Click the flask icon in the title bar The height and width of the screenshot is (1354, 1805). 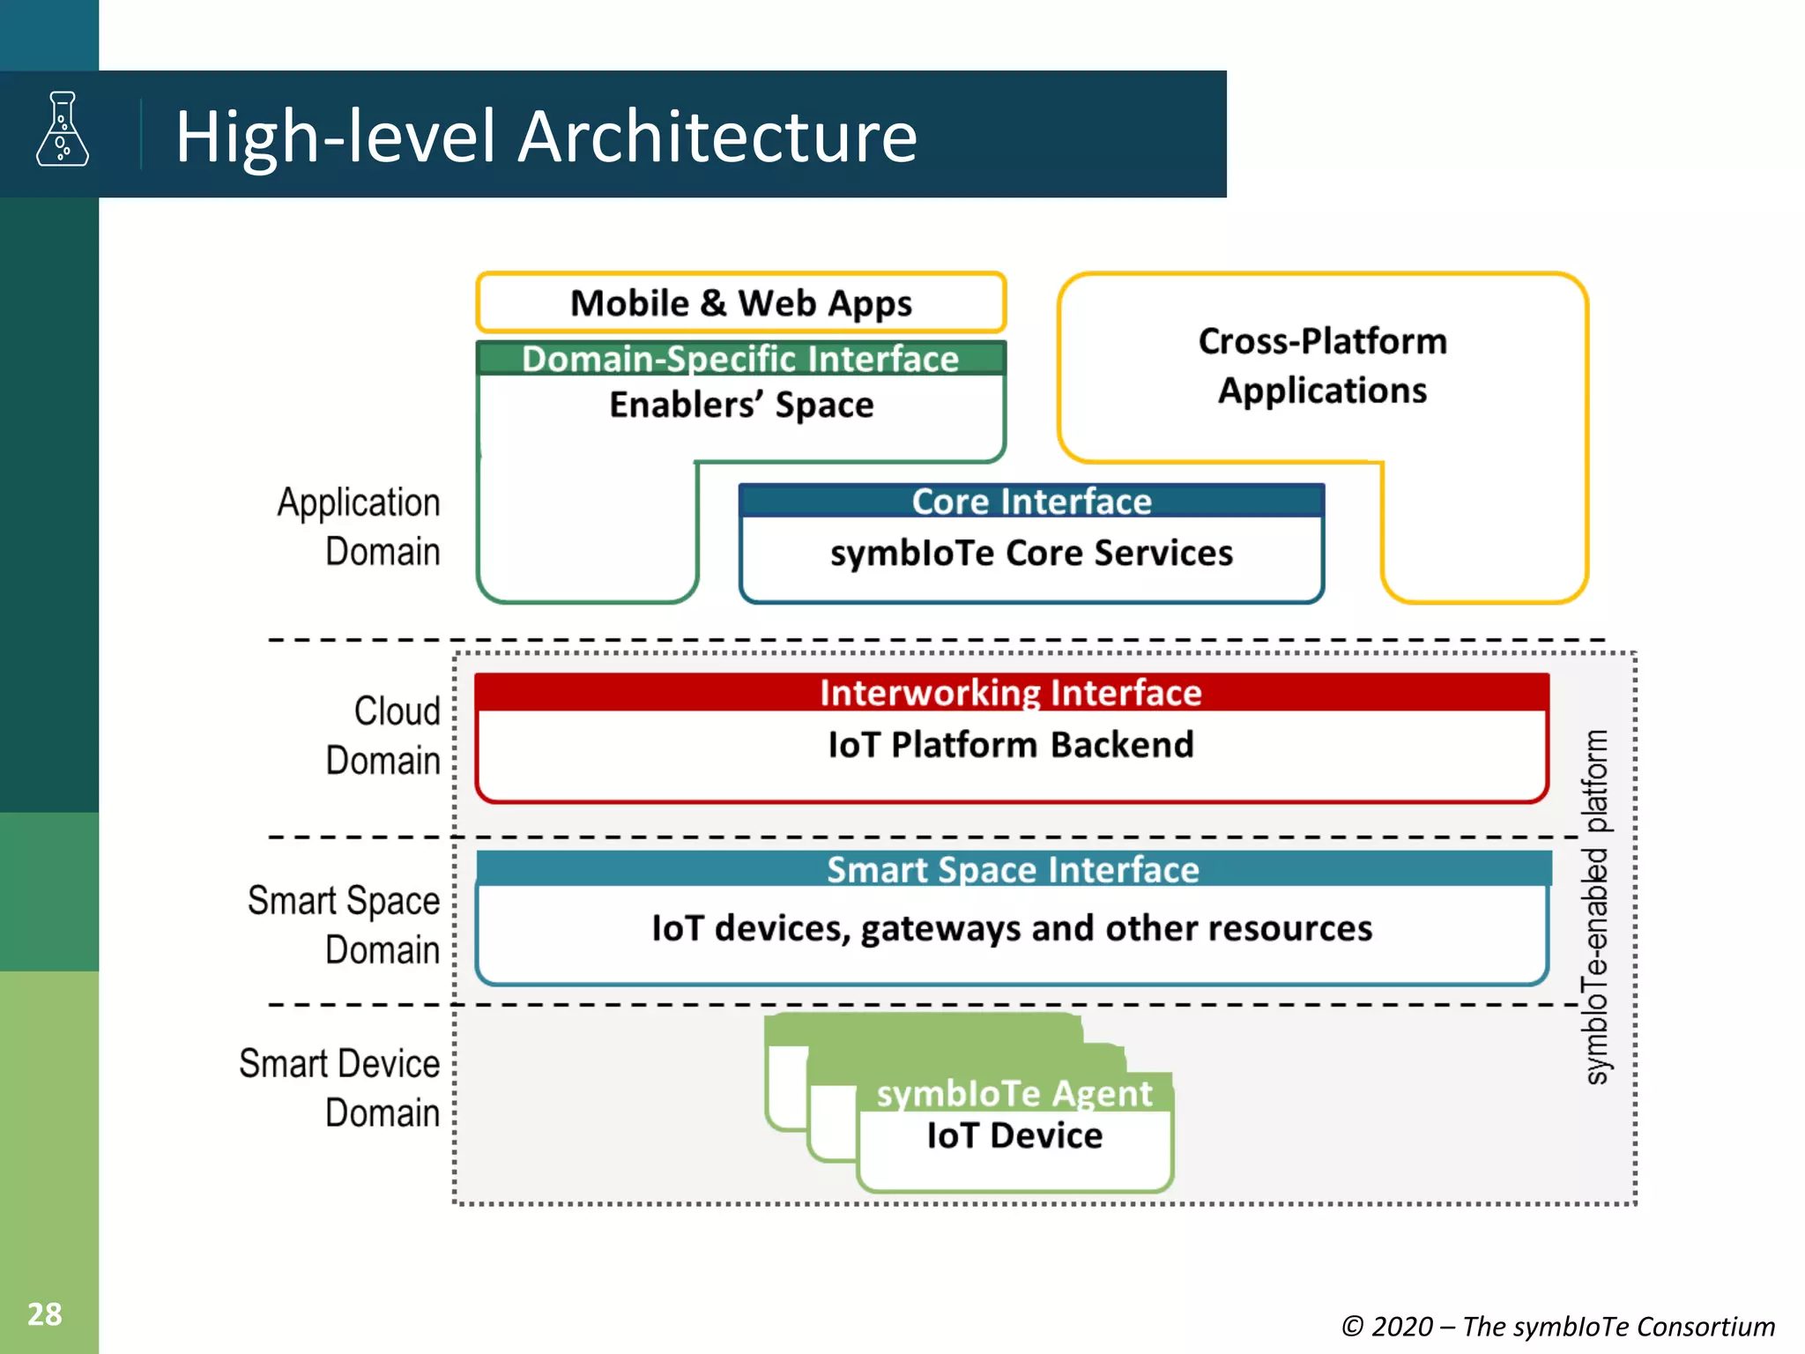tap(63, 130)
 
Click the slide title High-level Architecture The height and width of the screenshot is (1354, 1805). tap(546, 137)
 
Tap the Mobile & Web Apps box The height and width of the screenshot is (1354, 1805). tap(740, 303)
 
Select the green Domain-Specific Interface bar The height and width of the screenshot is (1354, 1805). tap(740, 359)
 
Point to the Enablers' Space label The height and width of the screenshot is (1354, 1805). tap(741, 405)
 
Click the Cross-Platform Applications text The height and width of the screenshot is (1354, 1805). tap(1322, 366)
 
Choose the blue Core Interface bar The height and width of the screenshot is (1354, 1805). tap(1031, 502)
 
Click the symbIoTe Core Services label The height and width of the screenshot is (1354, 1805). tap(1031, 554)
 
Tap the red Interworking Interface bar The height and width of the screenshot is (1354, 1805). tap(1011, 693)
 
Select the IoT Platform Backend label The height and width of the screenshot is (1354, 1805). tap(1011, 745)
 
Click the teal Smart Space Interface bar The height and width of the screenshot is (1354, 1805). tap(1013, 870)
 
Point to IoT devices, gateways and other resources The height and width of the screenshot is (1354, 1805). tap(1012, 928)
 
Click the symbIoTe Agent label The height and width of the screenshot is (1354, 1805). tap(1014, 1094)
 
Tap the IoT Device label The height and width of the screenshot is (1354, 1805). tap(1014, 1136)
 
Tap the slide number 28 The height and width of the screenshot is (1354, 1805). tap(45, 1314)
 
